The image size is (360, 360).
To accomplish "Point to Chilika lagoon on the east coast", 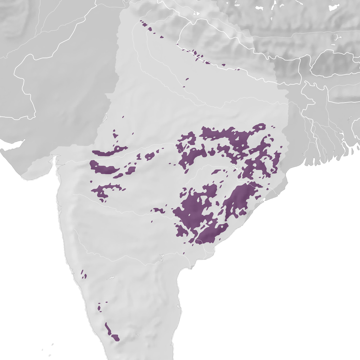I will (264, 199).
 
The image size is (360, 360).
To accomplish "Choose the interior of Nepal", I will (216, 45).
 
